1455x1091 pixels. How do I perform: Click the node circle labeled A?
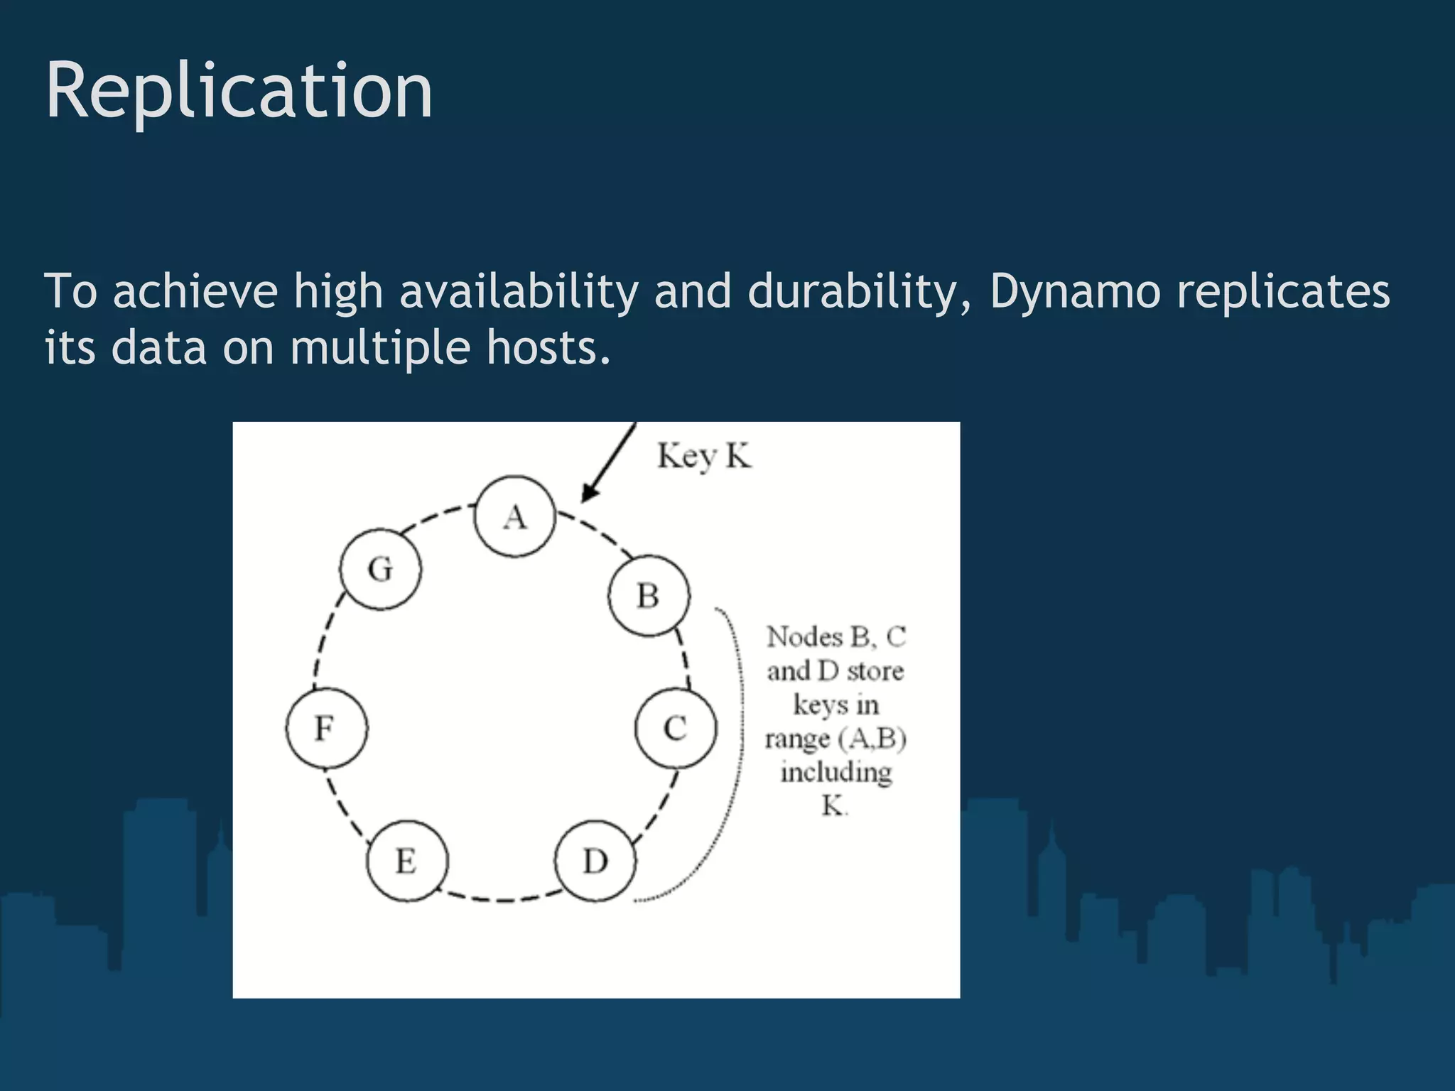pos(514,516)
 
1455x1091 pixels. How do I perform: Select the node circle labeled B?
pos(648,595)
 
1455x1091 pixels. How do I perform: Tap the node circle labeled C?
pos(675,728)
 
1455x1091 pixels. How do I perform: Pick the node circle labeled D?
pos(595,861)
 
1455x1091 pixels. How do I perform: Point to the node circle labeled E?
pos(407,861)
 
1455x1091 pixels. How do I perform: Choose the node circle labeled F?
pos(327,728)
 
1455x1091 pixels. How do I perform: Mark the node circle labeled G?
pos(380,569)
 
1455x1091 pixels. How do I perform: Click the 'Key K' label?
pos(703,456)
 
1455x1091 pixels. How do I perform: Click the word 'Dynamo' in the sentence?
pos(1074,291)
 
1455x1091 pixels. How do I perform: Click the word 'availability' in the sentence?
pos(519,291)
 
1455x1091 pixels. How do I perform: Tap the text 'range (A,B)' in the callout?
pos(835,739)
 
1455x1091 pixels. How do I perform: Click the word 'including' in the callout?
pos(835,772)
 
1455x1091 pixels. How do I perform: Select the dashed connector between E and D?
pos(502,899)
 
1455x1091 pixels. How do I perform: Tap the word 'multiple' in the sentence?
pos(380,348)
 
